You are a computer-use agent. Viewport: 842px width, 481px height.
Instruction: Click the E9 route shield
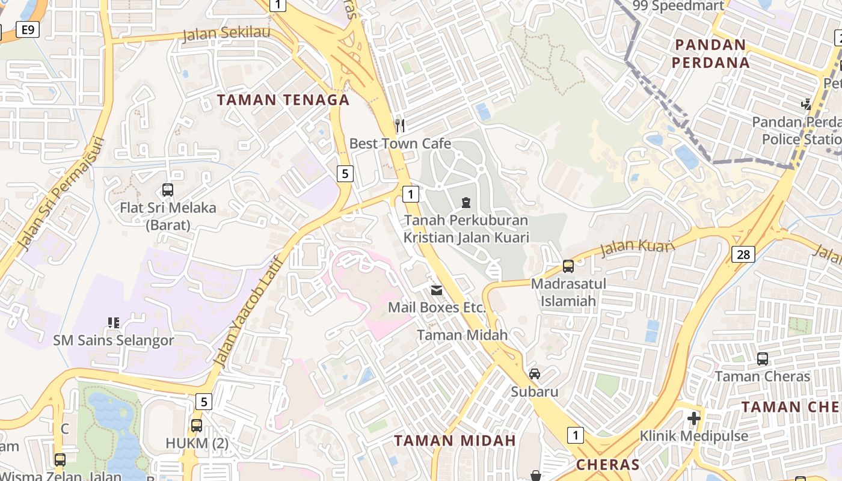coord(28,29)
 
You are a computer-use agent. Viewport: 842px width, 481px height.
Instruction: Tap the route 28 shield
coord(743,254)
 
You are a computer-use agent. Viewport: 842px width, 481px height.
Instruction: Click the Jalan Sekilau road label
coord(226,33)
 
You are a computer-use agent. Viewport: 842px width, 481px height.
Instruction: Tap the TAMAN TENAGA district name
coord(283,100)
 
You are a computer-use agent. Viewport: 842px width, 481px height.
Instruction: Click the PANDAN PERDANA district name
coord(710,54)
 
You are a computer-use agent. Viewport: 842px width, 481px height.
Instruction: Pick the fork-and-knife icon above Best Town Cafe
coord(400,125)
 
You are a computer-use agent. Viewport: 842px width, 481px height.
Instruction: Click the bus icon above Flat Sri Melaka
coord(168,190)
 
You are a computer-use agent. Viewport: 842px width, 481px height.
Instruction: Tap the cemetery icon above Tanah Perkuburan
coord(466,202)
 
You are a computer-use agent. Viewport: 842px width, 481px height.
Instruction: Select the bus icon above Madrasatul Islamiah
coord(568,266)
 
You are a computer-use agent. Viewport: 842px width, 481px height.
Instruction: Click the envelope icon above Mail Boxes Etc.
coord(437,290)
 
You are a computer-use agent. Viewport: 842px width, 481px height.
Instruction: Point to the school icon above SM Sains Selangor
coord(113,323)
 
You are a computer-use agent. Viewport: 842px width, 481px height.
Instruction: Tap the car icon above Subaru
coord(535,374)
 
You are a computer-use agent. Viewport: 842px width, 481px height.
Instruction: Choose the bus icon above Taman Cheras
coord(763,359)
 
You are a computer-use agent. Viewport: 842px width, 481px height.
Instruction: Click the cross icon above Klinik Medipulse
coord(694,418)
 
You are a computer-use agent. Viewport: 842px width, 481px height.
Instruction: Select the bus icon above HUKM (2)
coord(197,426)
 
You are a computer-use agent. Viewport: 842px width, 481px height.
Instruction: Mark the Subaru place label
coord(535,392)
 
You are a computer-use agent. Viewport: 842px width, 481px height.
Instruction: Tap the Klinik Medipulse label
coord(694,436)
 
